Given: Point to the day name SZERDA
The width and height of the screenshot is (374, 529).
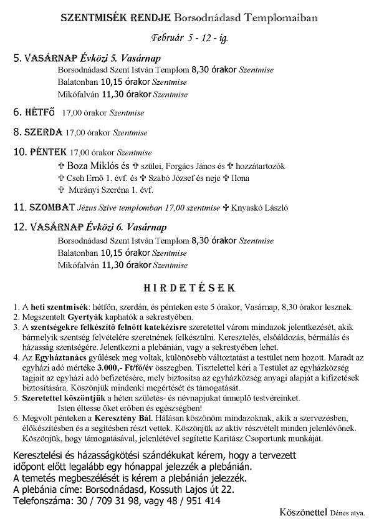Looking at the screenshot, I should [x=43, y=132].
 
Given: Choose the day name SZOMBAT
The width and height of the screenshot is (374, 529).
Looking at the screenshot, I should [x=52, y=207].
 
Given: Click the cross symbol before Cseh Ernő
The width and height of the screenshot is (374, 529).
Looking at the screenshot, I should [x=60, y=178].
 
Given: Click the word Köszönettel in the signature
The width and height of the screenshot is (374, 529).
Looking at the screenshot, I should [x=305, y=512].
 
